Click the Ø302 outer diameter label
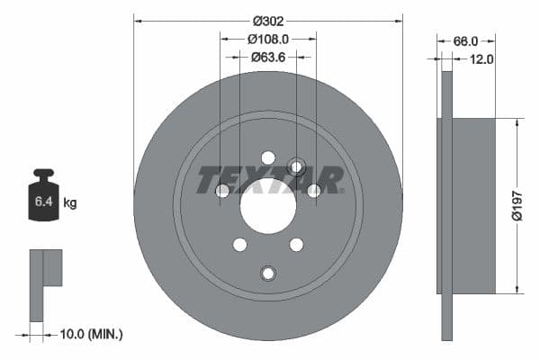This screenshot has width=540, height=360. click(x=268, y=20)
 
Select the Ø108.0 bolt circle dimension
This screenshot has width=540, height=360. click(x=267, y=39)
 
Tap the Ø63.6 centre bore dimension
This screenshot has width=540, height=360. click(x=267, y=57)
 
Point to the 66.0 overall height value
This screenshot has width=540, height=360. click(x=464, y=41)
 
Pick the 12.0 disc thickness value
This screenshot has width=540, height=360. click(x=481, y=59)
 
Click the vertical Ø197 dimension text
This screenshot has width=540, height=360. click(x=517, y=206)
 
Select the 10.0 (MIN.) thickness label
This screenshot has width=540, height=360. click(x=89, y=334)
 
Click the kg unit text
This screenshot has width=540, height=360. click(x=69, y=203)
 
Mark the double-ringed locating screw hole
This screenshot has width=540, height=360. click(x=296, y=166)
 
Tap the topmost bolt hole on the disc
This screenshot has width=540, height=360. click(x=268, y=157)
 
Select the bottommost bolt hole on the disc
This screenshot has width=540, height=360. click(x=267, y=274)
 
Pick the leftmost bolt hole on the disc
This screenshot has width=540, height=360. click(x=222, y=190)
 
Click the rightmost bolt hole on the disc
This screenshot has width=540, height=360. click(x=314, y=190)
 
